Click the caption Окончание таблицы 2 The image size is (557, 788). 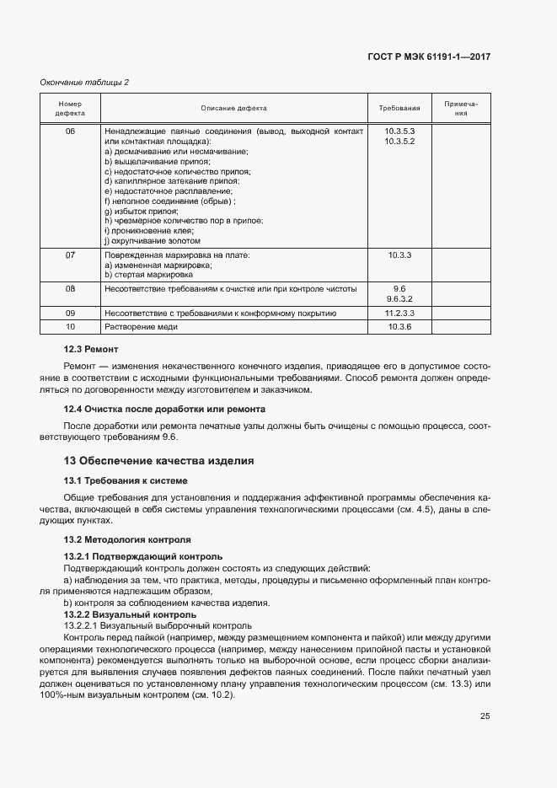click(x=84, y=82)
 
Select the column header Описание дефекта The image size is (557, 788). click(x=233, y=109)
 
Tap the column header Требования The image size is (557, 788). click(x=399, y=109)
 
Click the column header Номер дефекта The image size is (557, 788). click(x=70, y=109)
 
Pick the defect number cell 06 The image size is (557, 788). click(x=70, y=132)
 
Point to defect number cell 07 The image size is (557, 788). click(x=70, y=254)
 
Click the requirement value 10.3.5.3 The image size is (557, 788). click(x=399, y=132)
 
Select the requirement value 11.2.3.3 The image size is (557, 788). click(x=399, y=313)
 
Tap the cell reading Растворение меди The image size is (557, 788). click(x=141, y=326)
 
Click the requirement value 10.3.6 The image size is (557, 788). click(x=399, y=326)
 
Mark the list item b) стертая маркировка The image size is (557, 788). click(x=148, y=274)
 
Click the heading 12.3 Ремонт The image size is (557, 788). click(x=92, y=349)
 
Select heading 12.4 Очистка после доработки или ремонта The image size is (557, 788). click(x=165, y=409)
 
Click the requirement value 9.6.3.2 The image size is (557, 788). click(x=399, y=298)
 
